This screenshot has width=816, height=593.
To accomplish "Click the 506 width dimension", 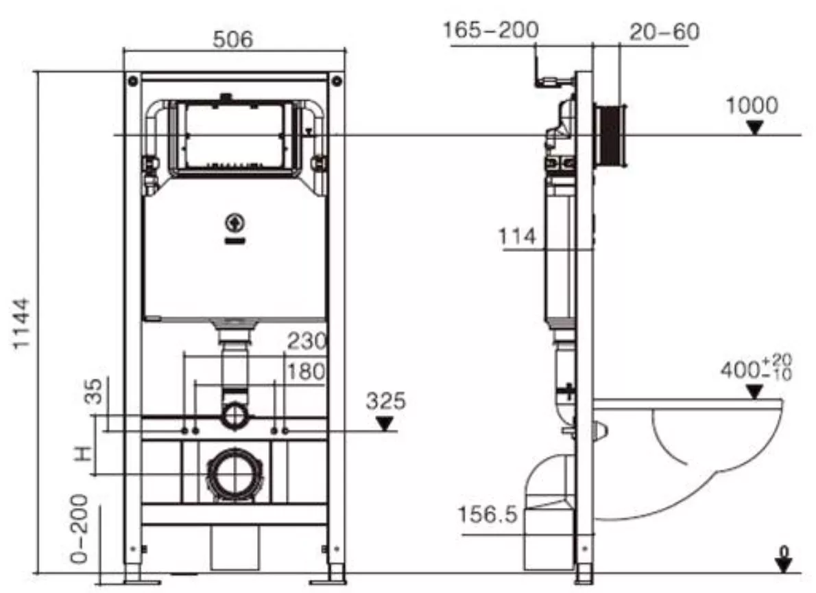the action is (x=232, y=39).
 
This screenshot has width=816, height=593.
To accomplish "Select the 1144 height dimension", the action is (x=21, y=323).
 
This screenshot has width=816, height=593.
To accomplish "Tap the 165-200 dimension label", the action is (x=490, y=30).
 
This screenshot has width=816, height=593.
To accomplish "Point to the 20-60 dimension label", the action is (x=664, y=32).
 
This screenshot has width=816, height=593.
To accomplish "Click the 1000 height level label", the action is (x=752, y=106).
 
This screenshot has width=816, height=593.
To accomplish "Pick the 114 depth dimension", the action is (x=517, y=237).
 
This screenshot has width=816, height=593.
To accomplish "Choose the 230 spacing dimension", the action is (x=307, y=342).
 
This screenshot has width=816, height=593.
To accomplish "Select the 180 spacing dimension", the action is (x=307, y=371).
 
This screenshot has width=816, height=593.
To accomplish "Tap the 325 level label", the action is (x=385, y=402).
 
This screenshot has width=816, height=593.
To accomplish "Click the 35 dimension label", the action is (x=94, y=391).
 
